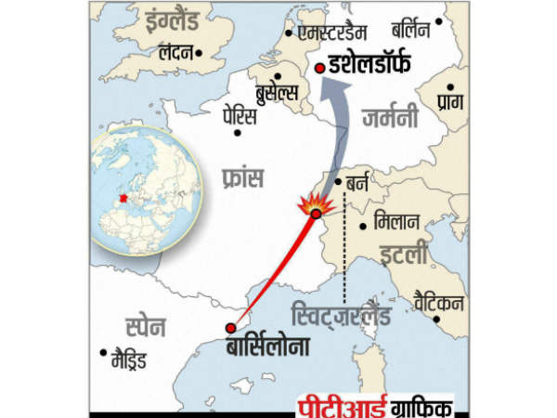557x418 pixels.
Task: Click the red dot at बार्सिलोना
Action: [x=229, y=328]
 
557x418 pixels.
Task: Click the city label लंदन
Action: [x=180, y=54]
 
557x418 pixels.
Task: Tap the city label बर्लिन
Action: [x=410, y=31]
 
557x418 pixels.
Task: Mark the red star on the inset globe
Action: [x=122, y=198]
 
